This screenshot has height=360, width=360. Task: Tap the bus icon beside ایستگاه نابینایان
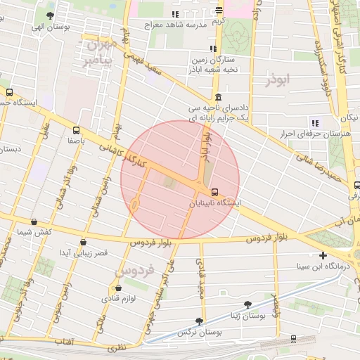214,191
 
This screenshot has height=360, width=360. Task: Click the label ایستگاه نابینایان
215,202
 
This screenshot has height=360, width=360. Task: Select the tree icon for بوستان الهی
49,16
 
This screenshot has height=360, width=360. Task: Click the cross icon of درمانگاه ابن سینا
323,255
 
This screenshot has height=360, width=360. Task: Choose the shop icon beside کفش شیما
34,221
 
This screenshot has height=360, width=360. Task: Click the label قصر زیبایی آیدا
83,252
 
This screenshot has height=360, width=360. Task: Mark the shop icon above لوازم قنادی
117,288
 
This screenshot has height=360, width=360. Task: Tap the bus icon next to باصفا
76,130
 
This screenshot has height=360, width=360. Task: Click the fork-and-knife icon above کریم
219,11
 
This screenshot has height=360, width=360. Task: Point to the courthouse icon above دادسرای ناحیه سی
219,97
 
